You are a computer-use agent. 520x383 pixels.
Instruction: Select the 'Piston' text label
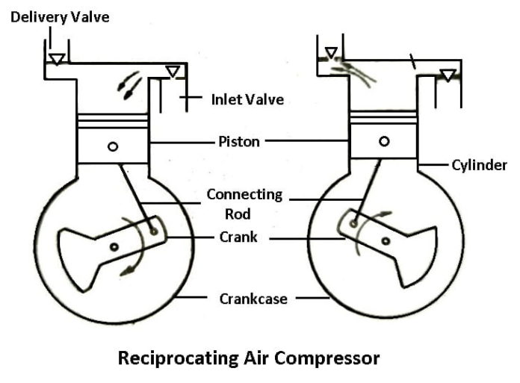point(239,141)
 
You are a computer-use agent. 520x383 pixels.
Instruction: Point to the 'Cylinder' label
point(479,164)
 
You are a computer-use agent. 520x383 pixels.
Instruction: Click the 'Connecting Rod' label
point(244,204)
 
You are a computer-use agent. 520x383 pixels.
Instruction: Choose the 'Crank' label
point(238,237)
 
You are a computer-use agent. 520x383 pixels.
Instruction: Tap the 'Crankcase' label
point(250,298)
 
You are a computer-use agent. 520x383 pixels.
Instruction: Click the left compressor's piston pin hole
point(112,146)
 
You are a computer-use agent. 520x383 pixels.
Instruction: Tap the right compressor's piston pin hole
point(384,141)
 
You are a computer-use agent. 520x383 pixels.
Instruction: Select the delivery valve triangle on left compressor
point(56,58)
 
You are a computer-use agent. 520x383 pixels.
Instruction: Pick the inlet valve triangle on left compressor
point(173,71)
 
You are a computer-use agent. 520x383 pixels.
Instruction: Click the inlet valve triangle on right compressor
point(448,75)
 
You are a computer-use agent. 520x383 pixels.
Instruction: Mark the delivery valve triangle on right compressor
point(329,52)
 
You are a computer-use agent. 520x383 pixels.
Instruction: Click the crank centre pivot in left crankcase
point(114,246)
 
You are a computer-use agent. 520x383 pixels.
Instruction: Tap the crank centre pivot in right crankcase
point(386,240)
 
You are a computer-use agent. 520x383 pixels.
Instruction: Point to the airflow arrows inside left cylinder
point(127,84)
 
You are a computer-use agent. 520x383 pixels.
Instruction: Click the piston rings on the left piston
point(113,121)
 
